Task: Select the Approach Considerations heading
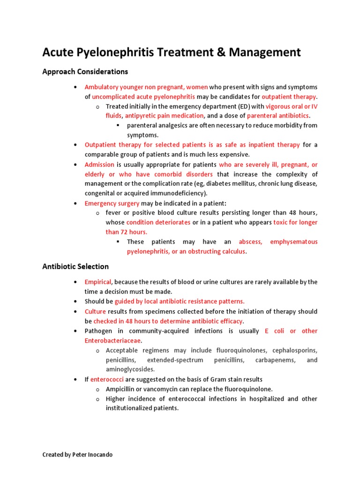click(x=85, y=72)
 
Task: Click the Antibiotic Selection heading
click(x=75, y=266)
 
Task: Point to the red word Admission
click(x=99, y=165)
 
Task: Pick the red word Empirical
click(x=98, y=282)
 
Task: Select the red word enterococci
click(x=106, y=379)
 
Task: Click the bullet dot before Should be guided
click(x=75, y=301)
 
